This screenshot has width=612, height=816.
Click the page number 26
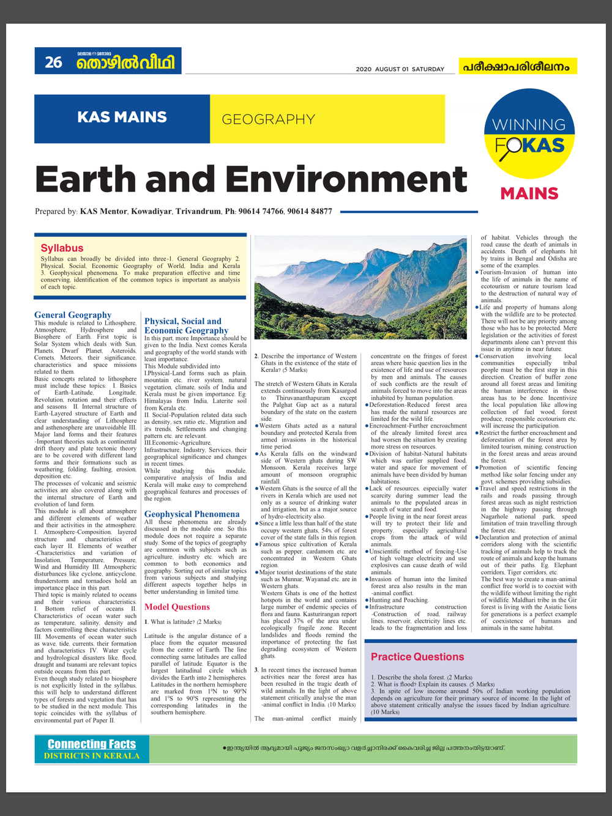53,62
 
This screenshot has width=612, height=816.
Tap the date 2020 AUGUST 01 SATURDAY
400,69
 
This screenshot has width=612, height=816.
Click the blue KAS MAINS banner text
122,117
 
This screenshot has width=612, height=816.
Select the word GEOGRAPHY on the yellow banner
268,119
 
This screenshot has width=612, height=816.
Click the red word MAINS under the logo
529,194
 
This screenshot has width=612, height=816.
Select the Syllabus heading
62,248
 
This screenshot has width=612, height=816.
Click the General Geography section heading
73,315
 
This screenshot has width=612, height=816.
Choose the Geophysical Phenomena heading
192,514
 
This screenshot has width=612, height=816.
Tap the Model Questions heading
177,607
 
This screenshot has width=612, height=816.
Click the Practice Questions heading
417,656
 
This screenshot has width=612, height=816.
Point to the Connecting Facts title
92,744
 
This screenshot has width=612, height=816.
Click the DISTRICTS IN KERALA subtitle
92,755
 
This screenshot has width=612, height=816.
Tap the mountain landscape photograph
364,287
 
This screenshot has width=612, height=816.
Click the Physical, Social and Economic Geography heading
186,325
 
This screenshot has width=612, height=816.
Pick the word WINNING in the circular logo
529,125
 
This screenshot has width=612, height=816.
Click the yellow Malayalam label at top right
518,66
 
